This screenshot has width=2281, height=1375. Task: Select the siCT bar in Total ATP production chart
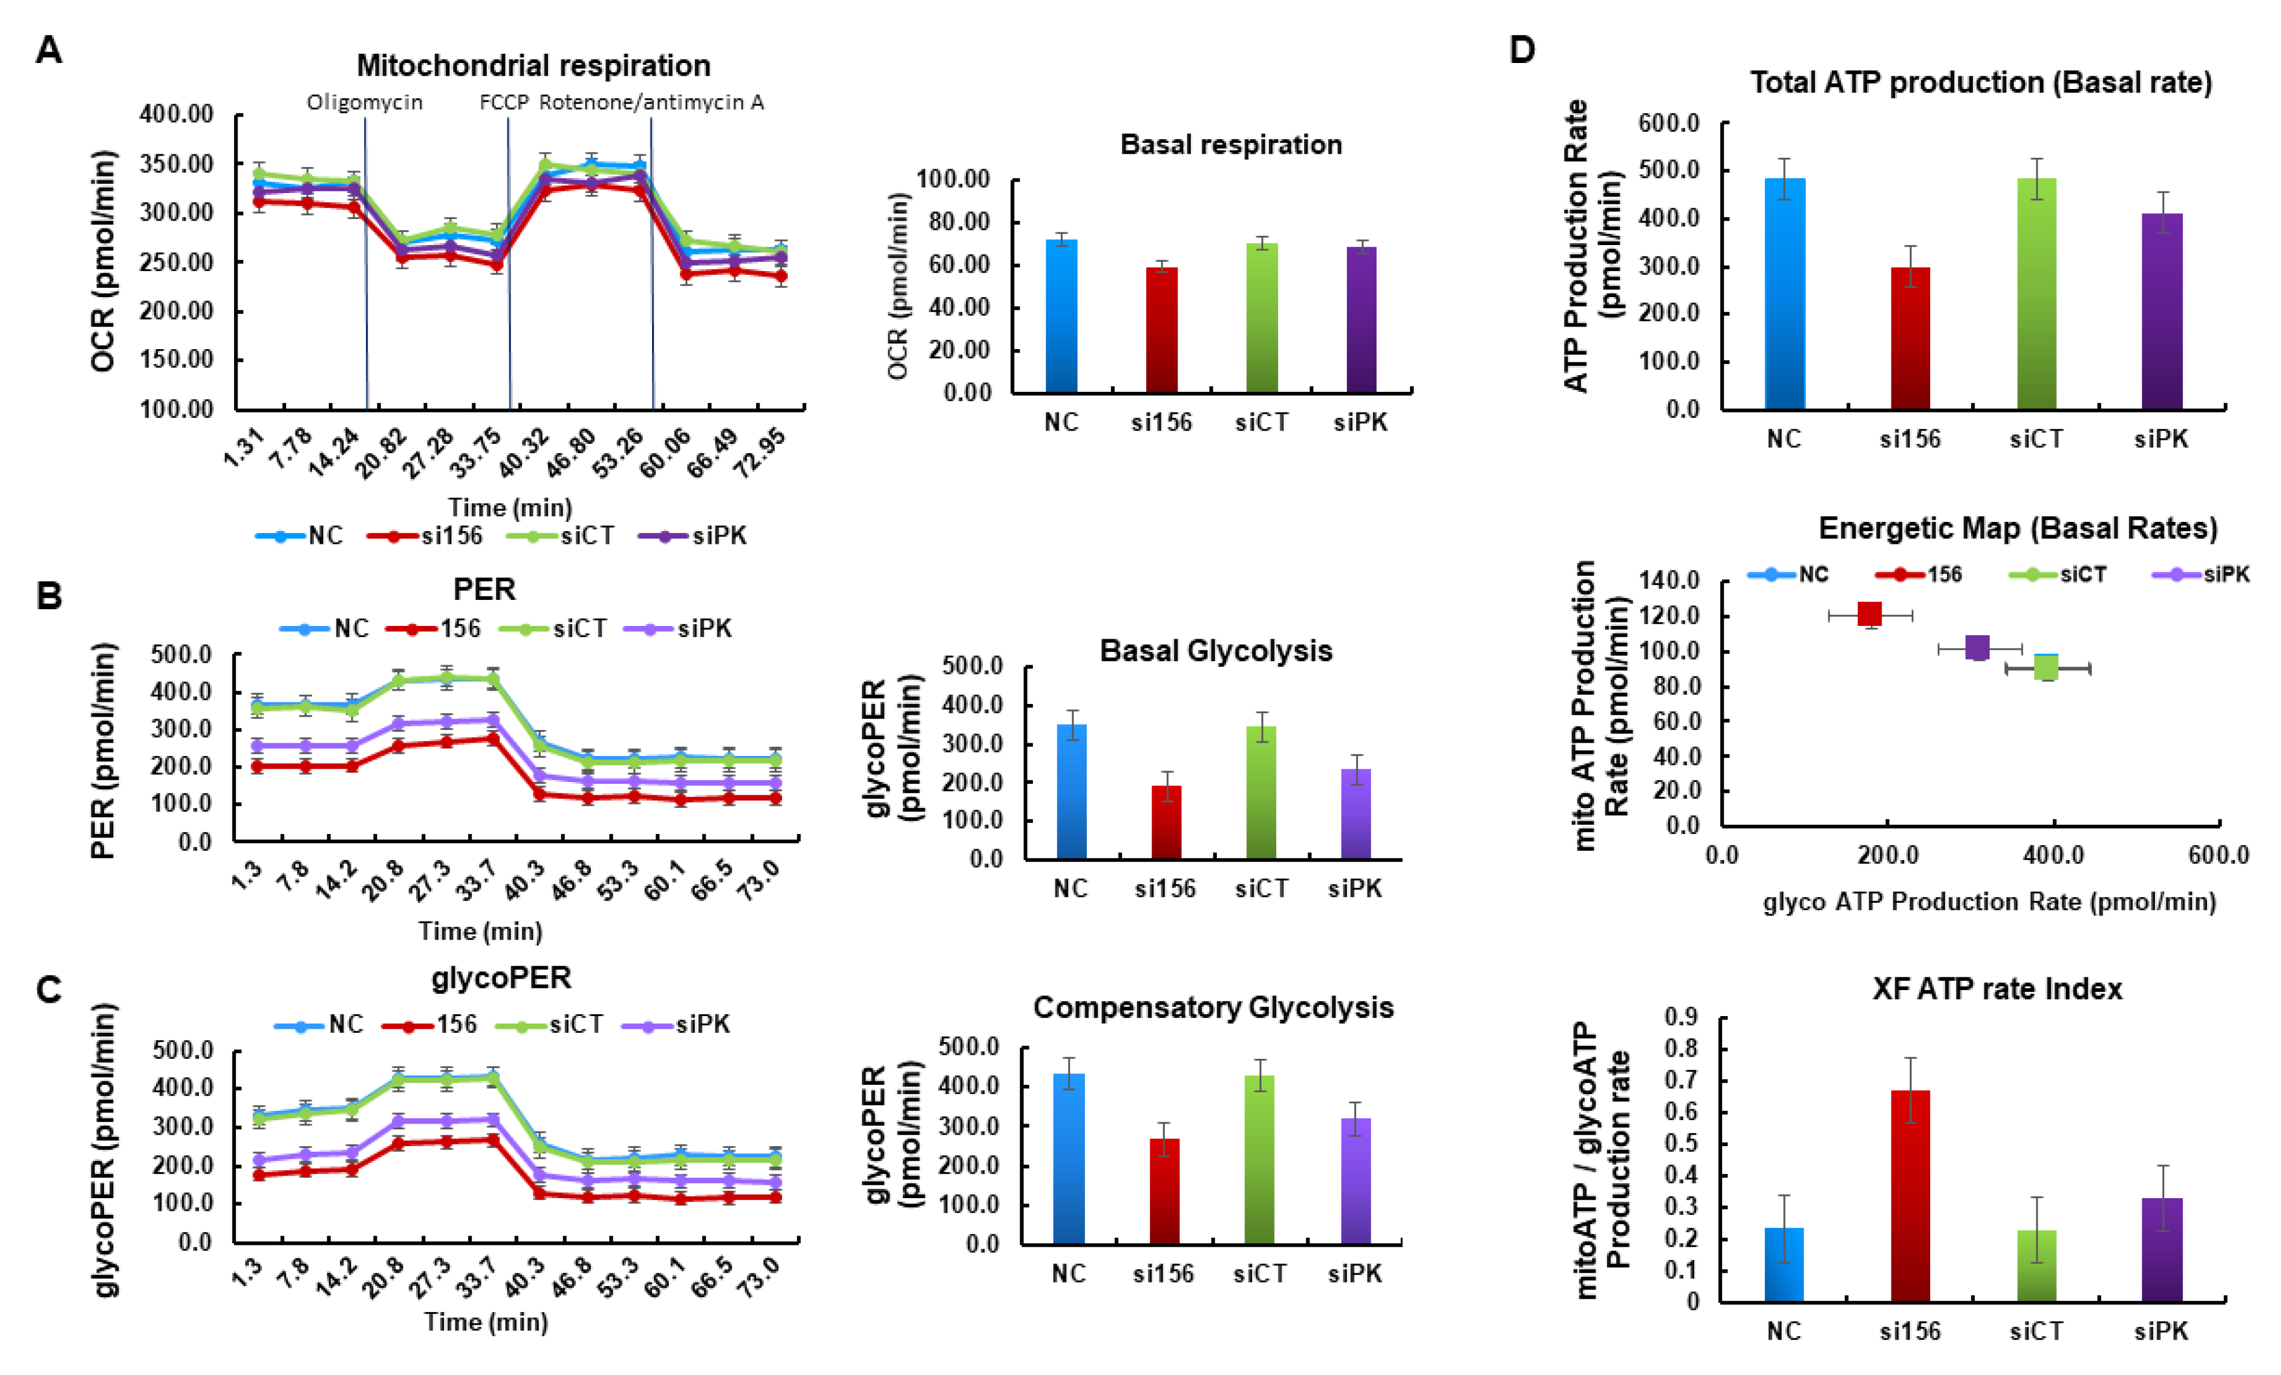click(2036, 292)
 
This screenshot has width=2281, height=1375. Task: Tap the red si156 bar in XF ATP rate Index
click(1910, 1195)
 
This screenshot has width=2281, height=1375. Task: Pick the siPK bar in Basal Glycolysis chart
click(1356, 814)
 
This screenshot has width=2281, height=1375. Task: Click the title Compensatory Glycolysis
click(1213, 1007)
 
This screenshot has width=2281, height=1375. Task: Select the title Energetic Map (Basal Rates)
click(2018, 528)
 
